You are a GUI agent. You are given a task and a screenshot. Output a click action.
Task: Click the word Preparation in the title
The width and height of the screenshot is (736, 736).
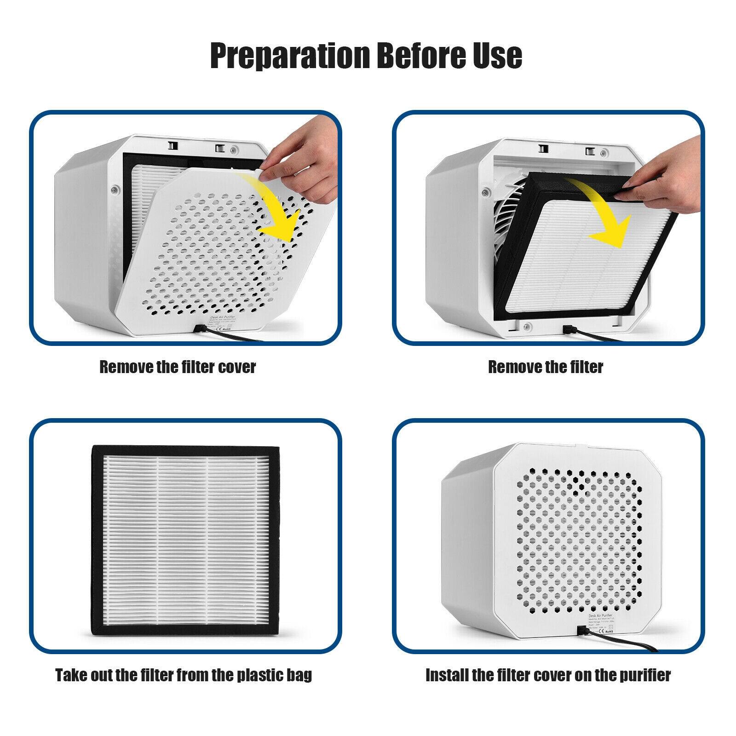(290, 56)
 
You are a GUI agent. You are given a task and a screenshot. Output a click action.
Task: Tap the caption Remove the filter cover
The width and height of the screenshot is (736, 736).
(178, 367)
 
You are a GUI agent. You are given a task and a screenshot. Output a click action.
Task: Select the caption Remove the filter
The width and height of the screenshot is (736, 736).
(546, 367)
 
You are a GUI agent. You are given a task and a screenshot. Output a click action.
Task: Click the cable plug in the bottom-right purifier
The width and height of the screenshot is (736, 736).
(581, 630)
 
